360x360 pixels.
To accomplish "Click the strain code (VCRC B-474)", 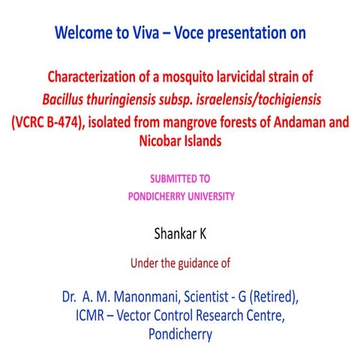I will click(x=49, y=121).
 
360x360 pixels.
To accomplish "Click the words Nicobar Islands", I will click(x=179, y=140).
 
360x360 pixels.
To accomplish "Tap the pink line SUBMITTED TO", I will click(x=179, y=181).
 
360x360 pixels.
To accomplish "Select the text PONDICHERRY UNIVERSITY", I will click(x=179, y=197).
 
